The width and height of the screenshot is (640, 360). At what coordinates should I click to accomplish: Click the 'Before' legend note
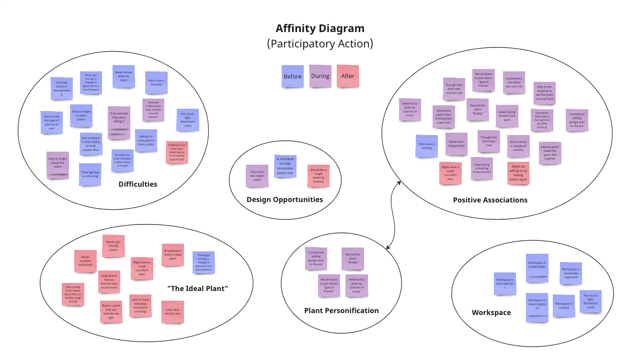[x=292, y=77]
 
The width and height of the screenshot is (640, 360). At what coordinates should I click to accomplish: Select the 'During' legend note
[x=320, y=76]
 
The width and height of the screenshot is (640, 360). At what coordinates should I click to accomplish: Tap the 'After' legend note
[x=348, y=76]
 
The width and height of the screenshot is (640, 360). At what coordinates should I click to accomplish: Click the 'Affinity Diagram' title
[x=320, y=29]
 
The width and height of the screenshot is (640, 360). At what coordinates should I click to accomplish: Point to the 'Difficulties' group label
[x=138, y=184]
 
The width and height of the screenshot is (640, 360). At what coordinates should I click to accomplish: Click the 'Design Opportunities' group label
[x=285, y=200]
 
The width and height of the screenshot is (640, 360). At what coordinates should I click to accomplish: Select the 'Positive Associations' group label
[x=490, y=200]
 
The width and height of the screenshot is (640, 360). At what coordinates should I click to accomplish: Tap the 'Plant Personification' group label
[x=341, y=311]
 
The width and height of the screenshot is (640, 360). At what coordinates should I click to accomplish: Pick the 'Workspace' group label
[x=491, y=313]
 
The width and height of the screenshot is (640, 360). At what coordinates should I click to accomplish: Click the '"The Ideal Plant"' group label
[x=197, y=289]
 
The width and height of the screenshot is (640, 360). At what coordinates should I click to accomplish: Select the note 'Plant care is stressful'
[x=156, y=83]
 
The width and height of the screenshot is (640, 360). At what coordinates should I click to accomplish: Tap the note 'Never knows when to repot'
[x=123, y=76]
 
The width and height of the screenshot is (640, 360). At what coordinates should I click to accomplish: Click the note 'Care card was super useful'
[x=257, y=176]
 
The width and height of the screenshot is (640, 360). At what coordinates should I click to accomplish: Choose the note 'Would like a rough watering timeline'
[x=318, y=175]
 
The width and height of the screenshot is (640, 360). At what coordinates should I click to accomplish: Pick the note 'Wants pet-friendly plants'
[x=114, y=246]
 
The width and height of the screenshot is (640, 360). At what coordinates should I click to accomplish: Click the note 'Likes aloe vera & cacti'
[x=172, y=312]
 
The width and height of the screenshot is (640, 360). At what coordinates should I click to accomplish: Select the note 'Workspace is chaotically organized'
[x=571, y=274]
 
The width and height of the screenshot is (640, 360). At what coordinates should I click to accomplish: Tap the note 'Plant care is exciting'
[x=426, y=146]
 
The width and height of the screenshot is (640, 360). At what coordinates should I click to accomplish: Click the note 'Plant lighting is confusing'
[x=90, y=174]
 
